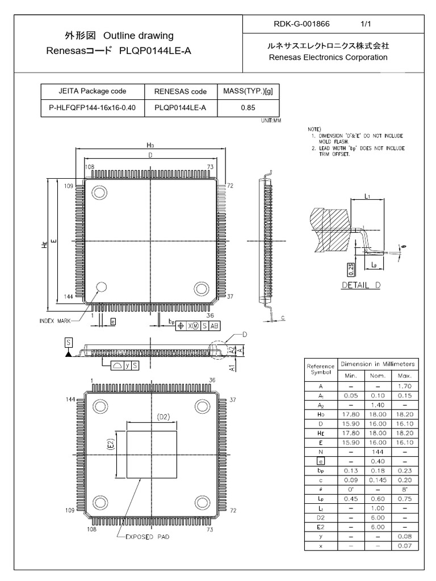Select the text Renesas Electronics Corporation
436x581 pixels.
(x=328, y=57)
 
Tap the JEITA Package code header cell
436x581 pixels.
(x=92, y=91)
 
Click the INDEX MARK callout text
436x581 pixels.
(x=55, y=321)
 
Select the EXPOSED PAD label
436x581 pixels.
(x=147, y=536)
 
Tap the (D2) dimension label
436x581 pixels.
(x=163, y=417)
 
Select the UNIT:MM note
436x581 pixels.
(x=271, y=120)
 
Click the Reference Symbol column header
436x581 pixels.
(x=320, y=369)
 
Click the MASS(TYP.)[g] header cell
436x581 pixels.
(x=247, y=91)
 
